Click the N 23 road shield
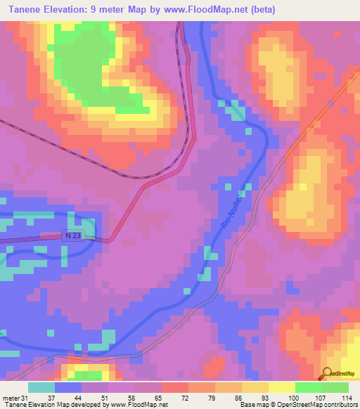[x=72, y=235]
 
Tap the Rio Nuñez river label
[x=234, y=206]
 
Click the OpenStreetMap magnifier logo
[x=326, y=373]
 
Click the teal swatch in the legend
[x=41, y=387]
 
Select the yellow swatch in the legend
[x=282, y=387]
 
